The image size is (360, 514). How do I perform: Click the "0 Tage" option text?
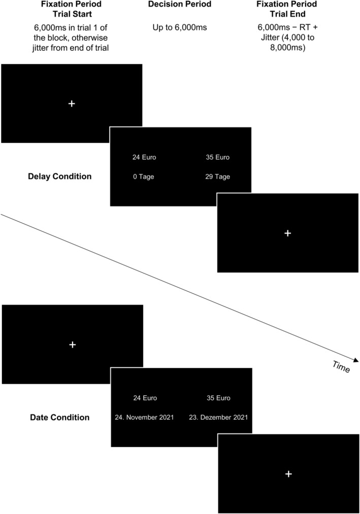(x=143, y=177)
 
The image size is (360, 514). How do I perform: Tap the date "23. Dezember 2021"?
(x=222, y=418)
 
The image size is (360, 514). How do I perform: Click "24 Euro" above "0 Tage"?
(x=144, y=157)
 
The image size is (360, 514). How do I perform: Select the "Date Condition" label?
(x=60, y=418)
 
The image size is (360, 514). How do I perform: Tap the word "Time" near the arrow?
(x=341, y=367)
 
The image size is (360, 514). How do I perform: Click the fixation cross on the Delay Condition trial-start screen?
(x=72, y=104)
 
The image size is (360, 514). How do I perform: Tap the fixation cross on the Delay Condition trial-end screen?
(x=287, y=233)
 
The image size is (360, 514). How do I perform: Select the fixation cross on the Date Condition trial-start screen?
(x=72, y=345)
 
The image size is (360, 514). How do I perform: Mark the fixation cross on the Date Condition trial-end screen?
(x=288, y=473)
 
